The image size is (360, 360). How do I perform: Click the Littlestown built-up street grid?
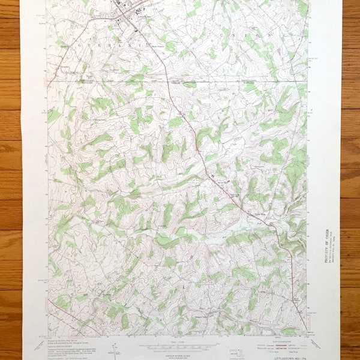point(129,12)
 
